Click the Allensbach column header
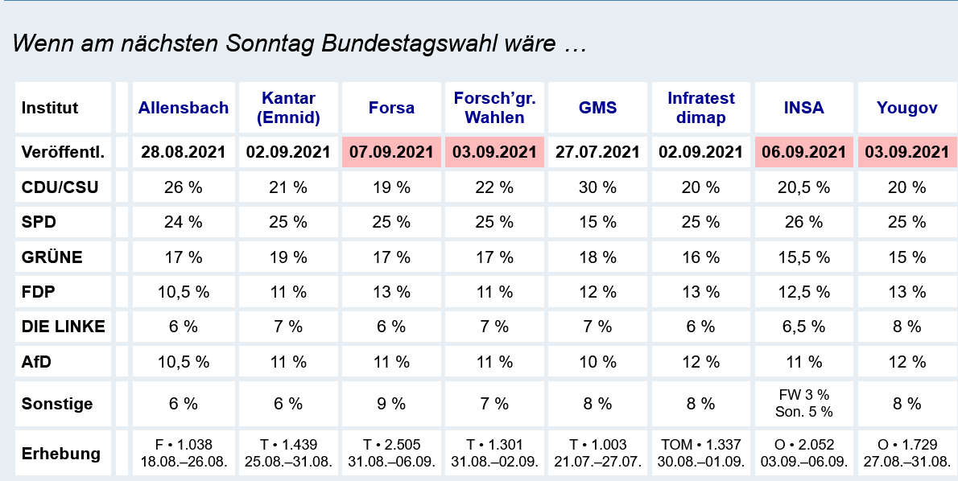184,108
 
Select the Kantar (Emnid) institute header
288,108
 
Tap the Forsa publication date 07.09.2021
391,152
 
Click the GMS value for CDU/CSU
598,187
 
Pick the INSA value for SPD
804,223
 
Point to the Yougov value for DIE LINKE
907,327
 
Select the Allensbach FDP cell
184,292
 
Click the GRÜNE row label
52,257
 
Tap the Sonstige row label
57,404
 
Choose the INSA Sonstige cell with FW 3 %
804,403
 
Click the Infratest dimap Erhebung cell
701,453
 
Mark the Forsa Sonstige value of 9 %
391,404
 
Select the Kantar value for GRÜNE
288,257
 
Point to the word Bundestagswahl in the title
407,43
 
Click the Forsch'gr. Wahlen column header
494,108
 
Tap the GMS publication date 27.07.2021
598,152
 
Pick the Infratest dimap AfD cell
701,361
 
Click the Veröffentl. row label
64,152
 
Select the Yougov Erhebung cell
907,453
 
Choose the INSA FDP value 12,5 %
804,292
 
